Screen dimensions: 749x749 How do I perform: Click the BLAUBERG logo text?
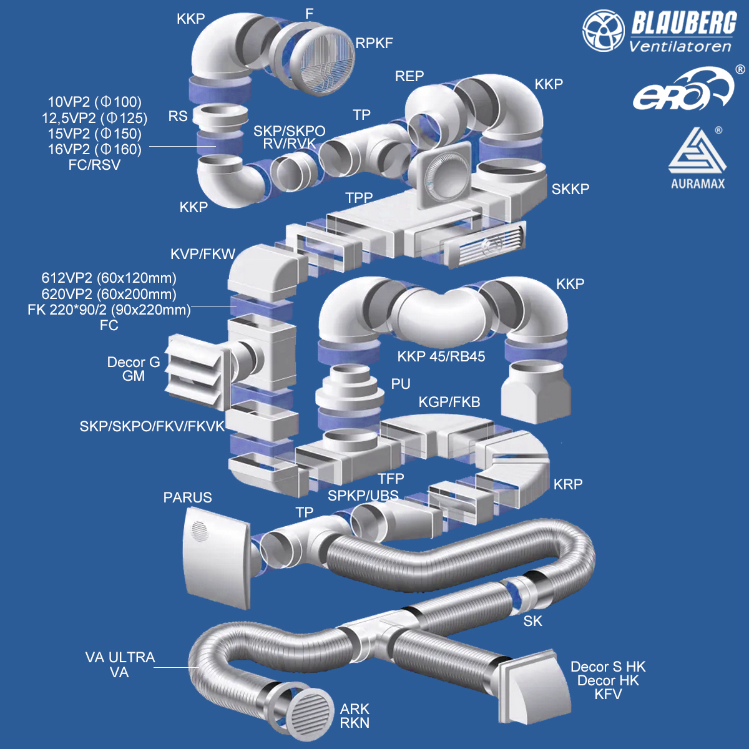pos(683,24)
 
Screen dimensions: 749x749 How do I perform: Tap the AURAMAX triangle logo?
pos(697,154)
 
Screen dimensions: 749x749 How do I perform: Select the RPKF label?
pos(374,43)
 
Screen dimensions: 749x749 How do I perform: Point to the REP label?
pos(409,76)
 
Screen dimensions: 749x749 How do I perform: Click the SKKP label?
pos(570,188)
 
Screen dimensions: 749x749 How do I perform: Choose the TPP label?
pos(359,198)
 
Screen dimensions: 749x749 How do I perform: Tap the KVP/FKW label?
pos(203,254)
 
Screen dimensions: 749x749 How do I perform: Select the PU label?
pos(401,384)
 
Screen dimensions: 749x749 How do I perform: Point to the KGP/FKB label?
pos(449,402)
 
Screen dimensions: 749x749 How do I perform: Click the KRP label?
pos(568,484)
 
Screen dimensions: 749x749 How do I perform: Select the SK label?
pos(533,621)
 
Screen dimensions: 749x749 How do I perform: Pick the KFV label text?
pos(608,694)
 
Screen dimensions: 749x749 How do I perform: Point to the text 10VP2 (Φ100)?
pos(95,102)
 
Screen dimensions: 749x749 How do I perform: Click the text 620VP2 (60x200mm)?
pos(109,294)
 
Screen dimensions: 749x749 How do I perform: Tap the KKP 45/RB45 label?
pos(441,356)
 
